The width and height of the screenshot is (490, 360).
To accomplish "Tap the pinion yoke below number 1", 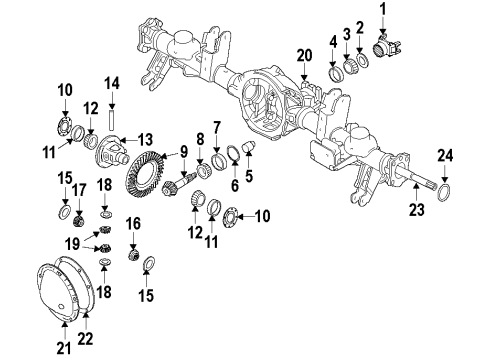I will click(384, 47).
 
